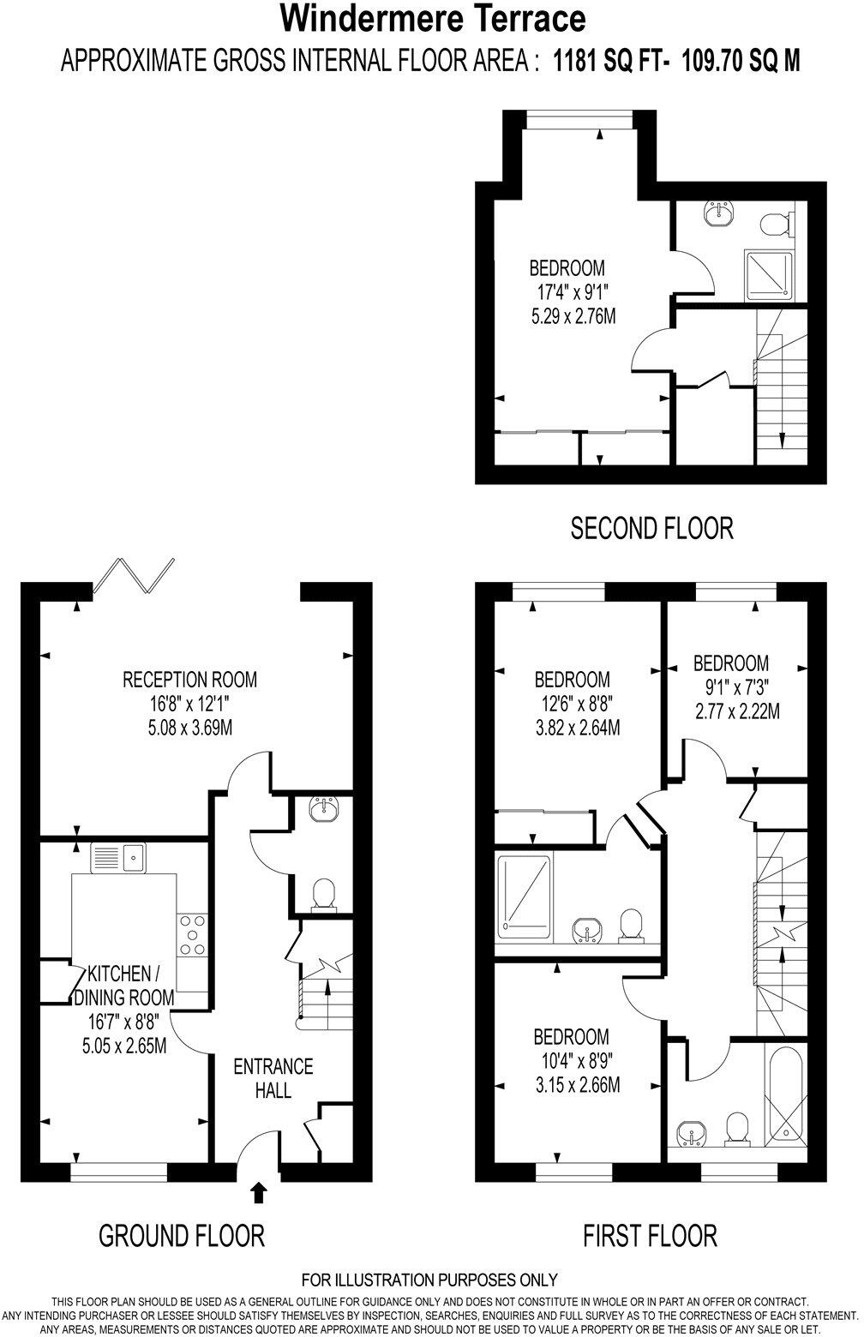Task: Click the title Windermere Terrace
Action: pos(432,19)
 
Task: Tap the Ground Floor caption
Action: pos(181,1235)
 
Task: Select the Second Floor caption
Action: pos(651,528)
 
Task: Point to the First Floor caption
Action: pos(650,1235)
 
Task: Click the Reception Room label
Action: pos(189,680)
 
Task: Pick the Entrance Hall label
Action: pos(273,1078)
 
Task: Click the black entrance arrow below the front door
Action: pos(258,1192)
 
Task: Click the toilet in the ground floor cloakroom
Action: pos(323,894)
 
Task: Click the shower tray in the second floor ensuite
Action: pos(769,273)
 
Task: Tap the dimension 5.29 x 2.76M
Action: pos(573,316)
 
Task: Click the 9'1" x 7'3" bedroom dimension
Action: pos(730,686)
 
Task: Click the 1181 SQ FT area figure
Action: pos(610,61)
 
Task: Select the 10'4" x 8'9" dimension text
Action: pos(573,1060)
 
